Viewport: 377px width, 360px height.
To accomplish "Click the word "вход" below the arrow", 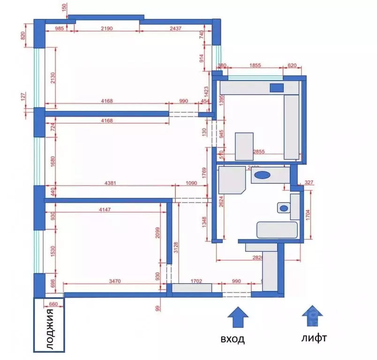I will pos(233,338).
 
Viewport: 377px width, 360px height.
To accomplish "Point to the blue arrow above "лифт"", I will pos(312,315).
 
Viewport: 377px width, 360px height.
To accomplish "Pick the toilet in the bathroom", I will pos(283,207).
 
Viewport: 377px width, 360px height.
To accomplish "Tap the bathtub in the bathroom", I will pos(277,230).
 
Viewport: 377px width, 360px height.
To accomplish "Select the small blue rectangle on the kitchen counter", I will pos(277,87).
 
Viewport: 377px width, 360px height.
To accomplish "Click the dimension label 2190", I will pos(107,29).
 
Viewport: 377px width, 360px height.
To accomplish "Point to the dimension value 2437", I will pos(176,29).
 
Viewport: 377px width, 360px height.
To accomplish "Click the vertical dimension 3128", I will pos(176,248).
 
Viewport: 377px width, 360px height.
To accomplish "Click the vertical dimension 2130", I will pos(53,77).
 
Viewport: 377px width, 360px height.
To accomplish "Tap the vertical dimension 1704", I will pos(308,214).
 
